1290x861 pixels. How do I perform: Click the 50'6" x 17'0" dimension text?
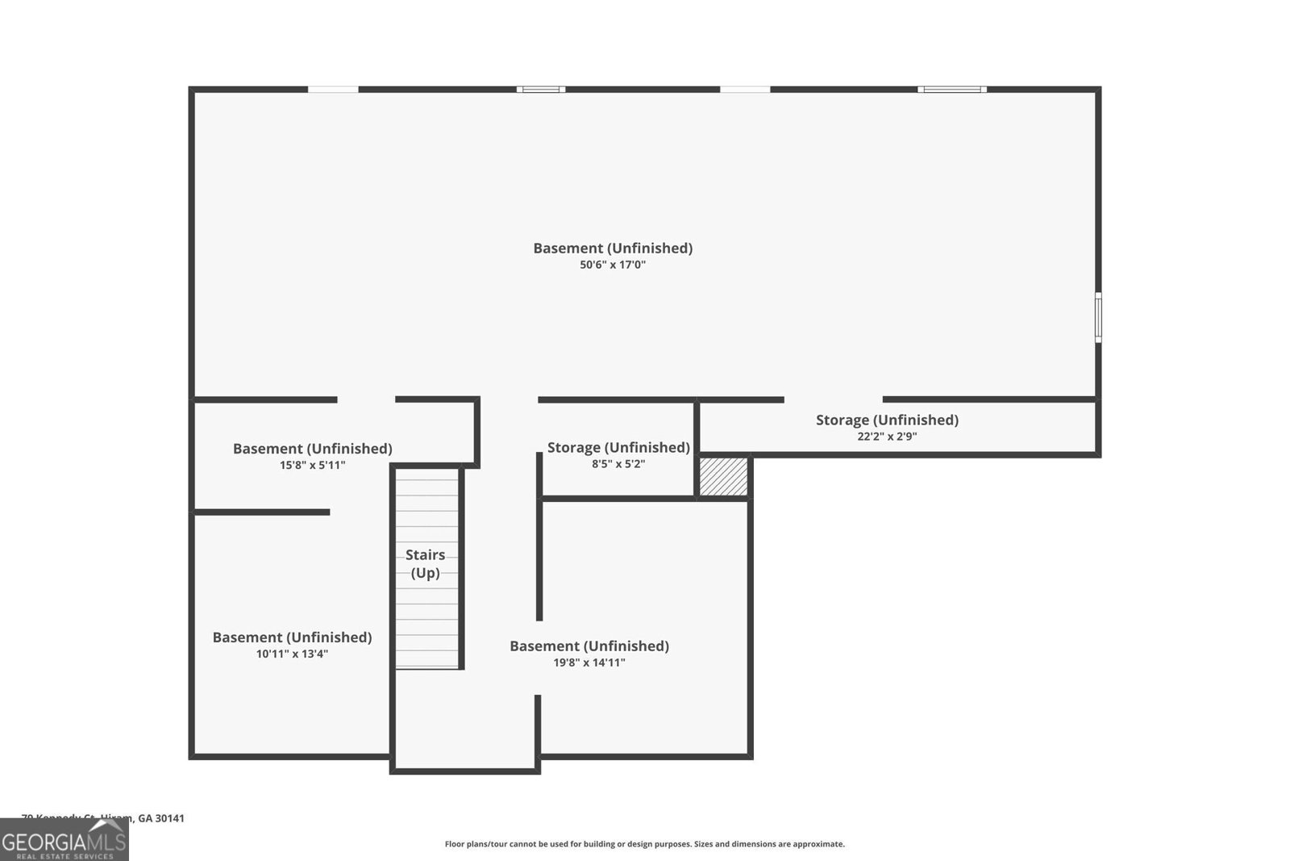613,265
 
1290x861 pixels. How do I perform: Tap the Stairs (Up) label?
425,563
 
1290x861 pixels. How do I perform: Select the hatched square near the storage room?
723,477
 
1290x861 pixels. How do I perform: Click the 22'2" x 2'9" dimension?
887,437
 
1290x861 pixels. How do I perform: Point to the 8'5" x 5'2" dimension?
618,464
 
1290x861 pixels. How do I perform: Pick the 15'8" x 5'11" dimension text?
312,465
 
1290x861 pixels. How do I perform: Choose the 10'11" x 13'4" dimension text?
292,654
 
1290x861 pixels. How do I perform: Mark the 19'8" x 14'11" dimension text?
589,662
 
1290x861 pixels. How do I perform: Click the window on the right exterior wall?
1097,317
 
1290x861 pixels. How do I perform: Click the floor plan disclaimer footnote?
644,844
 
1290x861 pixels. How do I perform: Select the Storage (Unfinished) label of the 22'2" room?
887,420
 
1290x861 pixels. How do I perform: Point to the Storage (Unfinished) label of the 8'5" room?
618,447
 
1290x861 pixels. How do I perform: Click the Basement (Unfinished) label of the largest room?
613,248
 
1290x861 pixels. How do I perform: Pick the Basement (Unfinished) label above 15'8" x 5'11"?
312,448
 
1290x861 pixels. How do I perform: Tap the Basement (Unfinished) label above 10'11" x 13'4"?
292,637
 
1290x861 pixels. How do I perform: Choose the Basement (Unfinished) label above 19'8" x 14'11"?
589,646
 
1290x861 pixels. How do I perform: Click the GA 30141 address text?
161,818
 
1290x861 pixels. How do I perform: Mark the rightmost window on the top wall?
951,89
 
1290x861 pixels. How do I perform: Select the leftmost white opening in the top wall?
333,89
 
